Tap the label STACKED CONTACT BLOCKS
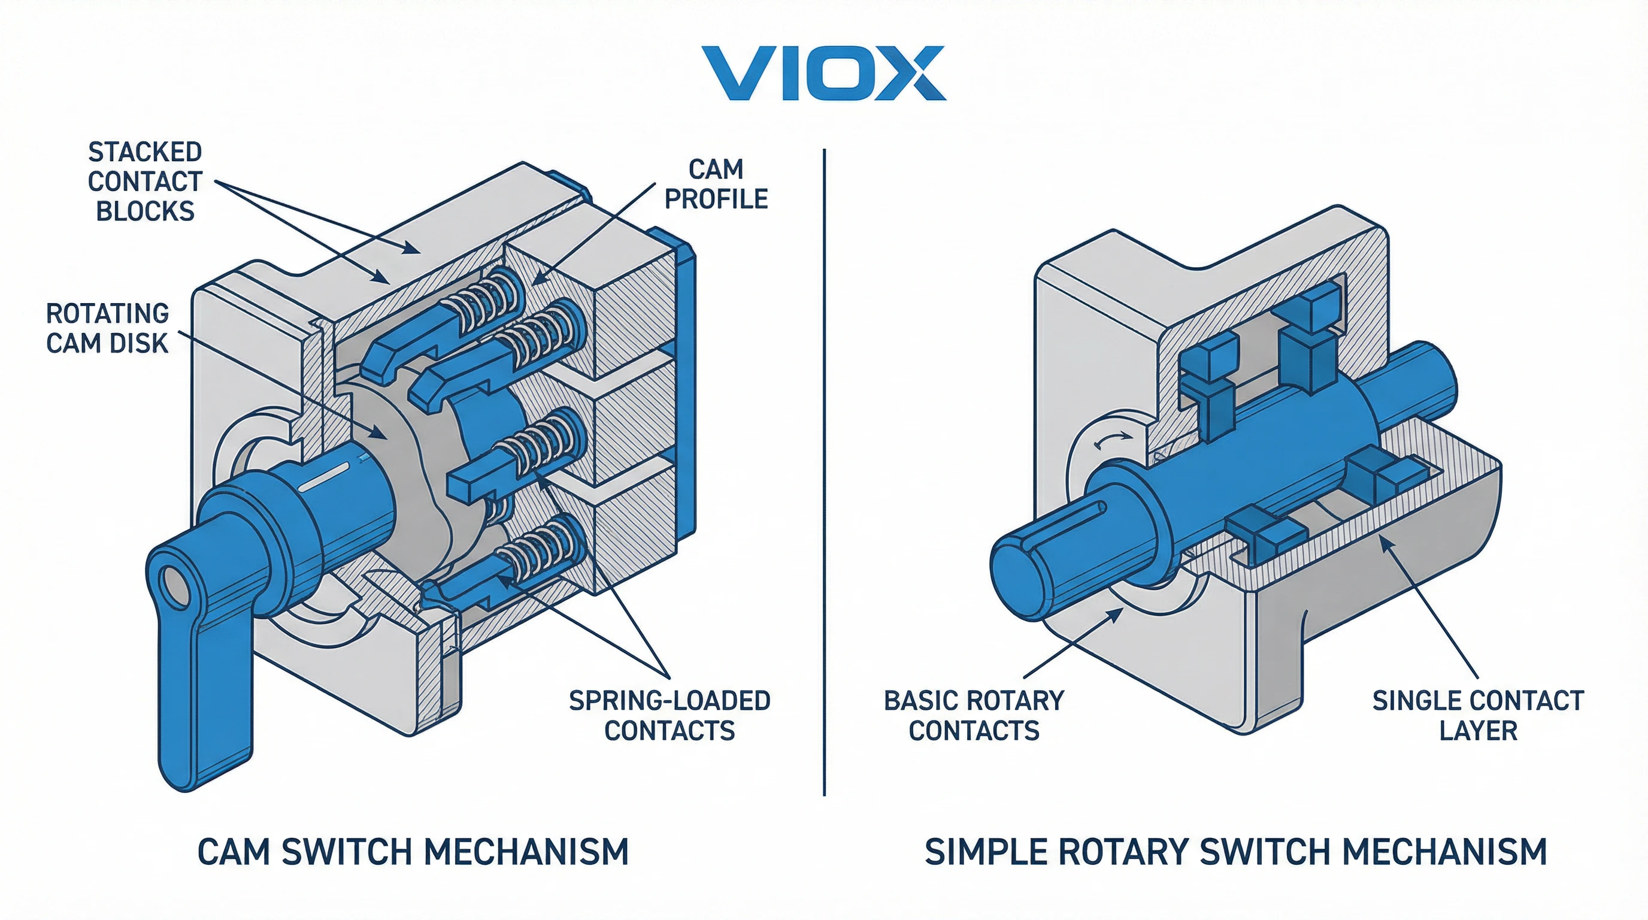[146, 181]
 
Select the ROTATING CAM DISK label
[107, 328]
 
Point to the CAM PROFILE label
[716, 184]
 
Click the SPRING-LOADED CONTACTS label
[670, 715]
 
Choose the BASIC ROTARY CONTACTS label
[974, 715]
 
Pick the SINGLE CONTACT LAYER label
[1478, 715]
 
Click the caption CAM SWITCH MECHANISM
[413, 852]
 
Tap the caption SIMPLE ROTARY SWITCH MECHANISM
[1236, 852]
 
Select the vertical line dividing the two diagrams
[824, 473]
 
